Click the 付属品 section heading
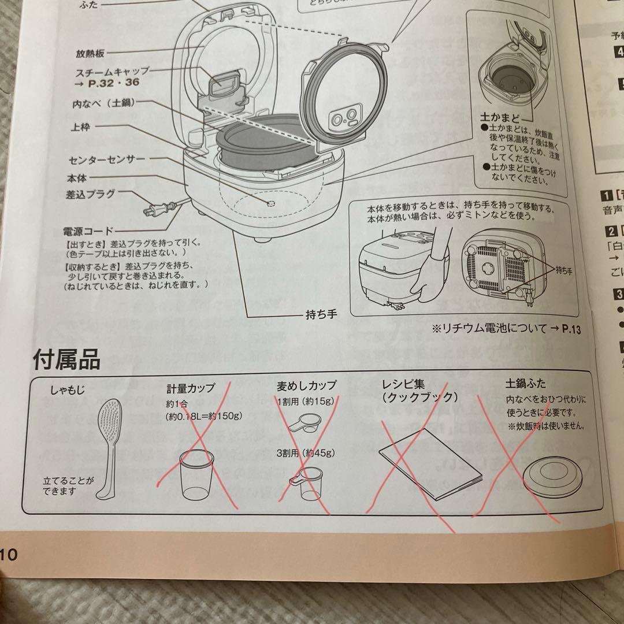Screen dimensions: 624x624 pyautogui.click(x=66, y=359)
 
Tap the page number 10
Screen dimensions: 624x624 pyautogui.click(x=9, y=555)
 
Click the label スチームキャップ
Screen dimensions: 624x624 pyautogui.click(x=112, y=71)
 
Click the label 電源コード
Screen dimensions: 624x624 pyautogui.click(x=88, y=232)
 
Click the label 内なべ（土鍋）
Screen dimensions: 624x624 pyautogui.click(x=103, y=106)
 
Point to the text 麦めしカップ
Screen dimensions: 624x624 pyautogui.click(x=306, y=385)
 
